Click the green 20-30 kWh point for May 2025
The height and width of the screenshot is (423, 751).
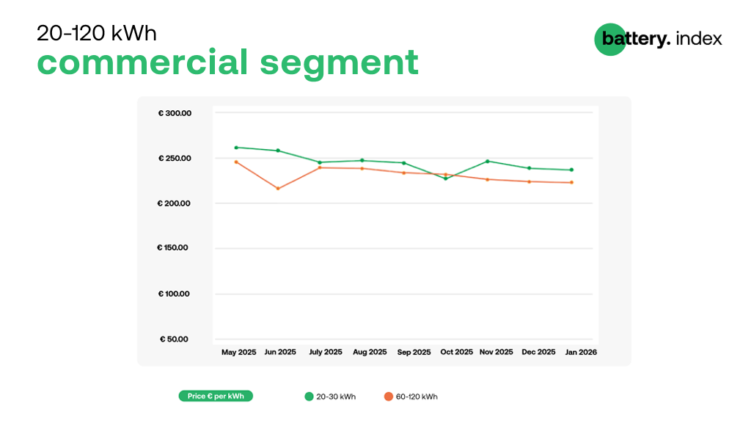click(x=236, y=148)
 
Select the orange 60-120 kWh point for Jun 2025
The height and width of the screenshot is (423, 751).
click(x=278, y=189)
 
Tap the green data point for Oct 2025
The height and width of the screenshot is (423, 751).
click(x=445, y=178)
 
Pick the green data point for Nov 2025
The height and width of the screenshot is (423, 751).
click(x=488, y=161)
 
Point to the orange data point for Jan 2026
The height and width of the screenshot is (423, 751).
click(x=571, y=182)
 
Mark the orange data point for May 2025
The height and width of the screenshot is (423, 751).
click(x=236, y=162)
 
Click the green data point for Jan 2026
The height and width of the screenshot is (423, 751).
click(x=571, y=170)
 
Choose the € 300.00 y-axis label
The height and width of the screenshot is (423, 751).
click(x=175, y=113)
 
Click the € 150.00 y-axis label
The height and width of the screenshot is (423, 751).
click(x=172, y=247)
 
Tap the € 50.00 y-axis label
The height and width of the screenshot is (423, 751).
click(x=174, y=339)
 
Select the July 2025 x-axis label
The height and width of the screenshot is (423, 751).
click(x=326, y=352)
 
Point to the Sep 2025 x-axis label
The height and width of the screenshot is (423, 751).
click(x=414, y=352)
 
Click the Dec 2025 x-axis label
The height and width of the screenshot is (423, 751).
click(x=538, y=352)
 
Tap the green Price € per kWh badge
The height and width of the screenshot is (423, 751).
click(x=216, y=396)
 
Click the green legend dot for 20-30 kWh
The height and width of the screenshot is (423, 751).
click(x=309, y=397)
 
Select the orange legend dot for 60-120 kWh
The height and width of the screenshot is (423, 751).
click(x=389, y=397)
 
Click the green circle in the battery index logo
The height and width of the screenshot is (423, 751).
click(x=610, y=40)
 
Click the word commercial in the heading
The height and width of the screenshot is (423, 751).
click(x=142, y=62)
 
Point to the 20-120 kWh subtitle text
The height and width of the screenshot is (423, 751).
click(x=97, y=34)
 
